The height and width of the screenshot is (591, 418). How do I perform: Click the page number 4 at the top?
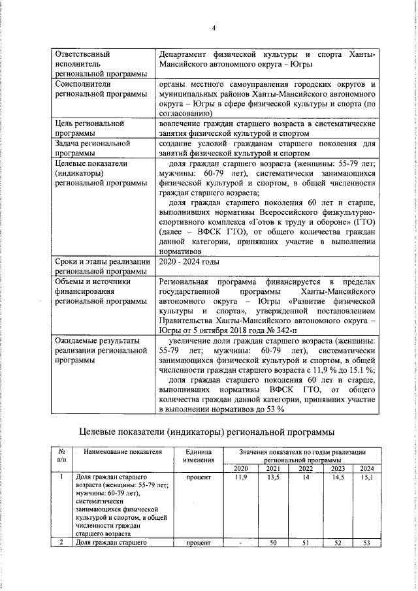[x=214, y=28]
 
